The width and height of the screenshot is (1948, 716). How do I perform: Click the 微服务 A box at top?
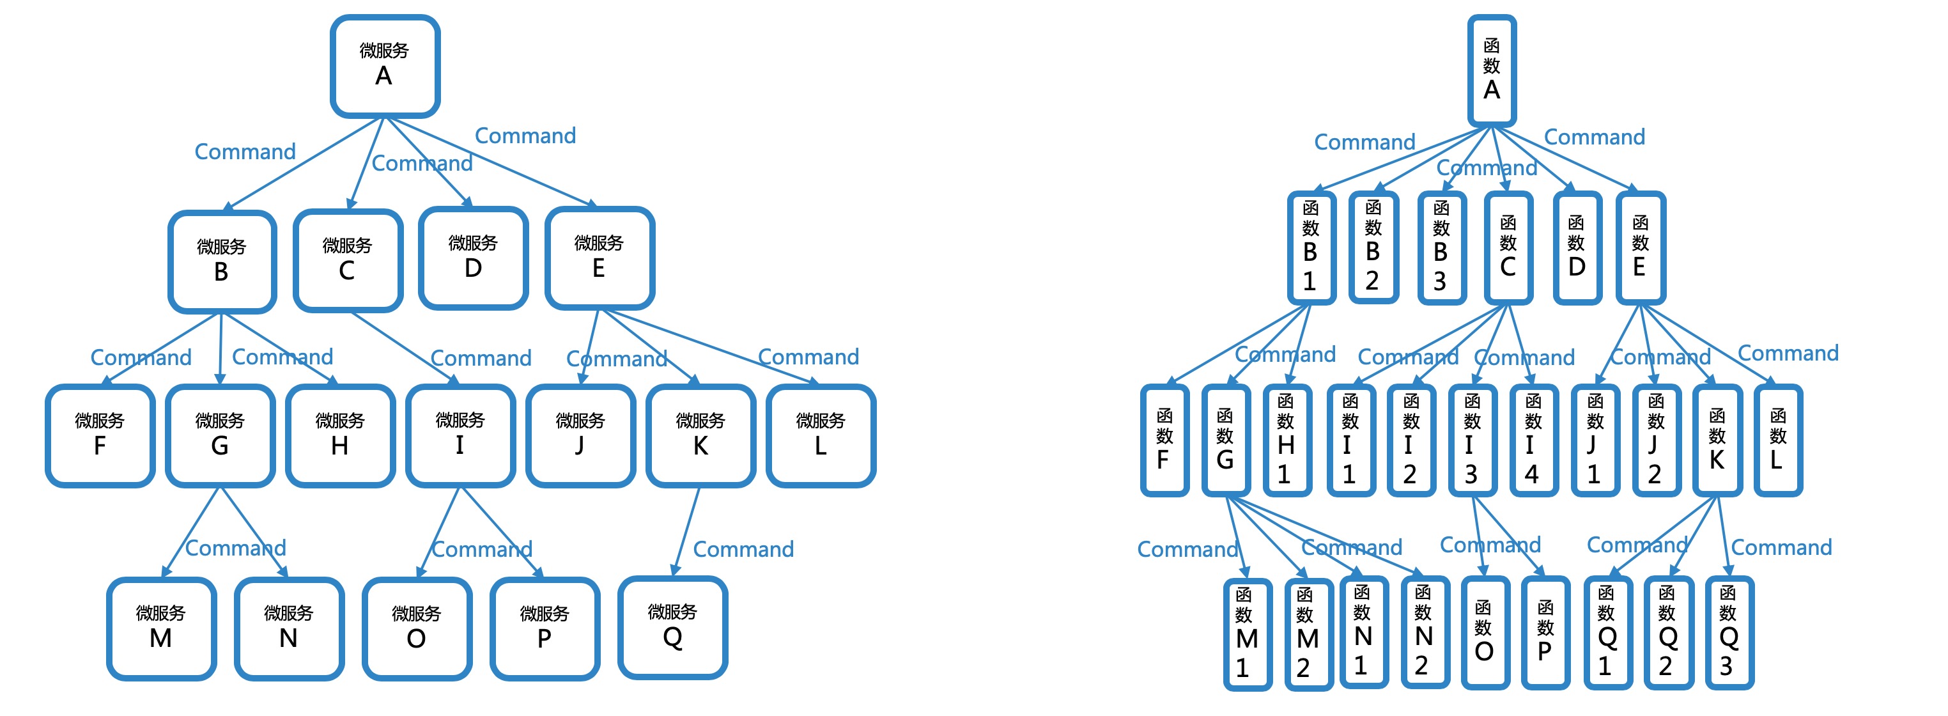385,66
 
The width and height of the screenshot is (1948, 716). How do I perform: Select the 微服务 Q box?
672,628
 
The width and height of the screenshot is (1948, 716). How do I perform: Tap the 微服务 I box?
460,436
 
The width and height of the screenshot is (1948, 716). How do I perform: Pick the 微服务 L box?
821,436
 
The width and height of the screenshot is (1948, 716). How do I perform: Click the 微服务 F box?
100,436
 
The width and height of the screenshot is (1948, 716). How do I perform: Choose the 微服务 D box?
473,258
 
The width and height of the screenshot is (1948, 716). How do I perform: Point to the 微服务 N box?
288,628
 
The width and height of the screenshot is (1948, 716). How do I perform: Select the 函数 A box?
1491,70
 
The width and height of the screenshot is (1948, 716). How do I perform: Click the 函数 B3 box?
1441,248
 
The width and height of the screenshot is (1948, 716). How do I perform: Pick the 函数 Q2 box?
1667,632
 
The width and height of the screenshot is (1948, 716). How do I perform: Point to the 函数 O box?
1483,632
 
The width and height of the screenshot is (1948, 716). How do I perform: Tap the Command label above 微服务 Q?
743,549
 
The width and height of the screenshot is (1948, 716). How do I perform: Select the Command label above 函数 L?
1788,353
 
